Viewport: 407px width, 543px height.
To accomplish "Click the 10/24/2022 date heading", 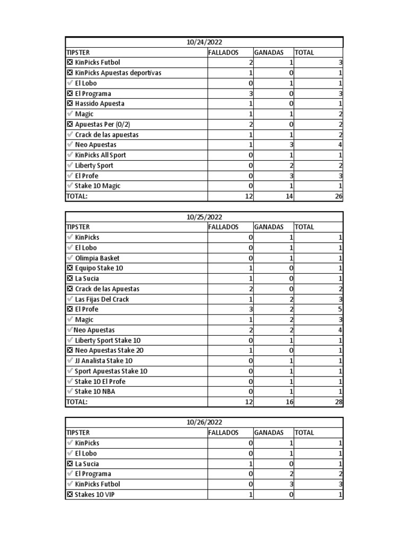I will pos(204,42).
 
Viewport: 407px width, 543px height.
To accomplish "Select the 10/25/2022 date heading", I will pos(204,217).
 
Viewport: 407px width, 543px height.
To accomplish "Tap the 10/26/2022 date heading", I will pos(204,423).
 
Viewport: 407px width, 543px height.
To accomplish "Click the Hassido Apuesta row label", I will pos(100,104).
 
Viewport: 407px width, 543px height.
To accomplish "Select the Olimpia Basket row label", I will pos(97,258).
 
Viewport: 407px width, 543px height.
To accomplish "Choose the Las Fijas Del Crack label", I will pos(102,299).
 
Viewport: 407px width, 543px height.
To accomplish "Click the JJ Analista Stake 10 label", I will pos(104,361).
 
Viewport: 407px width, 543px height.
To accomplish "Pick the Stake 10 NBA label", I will pos(96,392).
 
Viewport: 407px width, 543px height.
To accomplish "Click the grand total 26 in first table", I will pos(339,197).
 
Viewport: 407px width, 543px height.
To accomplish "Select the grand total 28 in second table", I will pos(339,402).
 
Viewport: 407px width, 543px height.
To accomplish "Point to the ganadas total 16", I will pos(289,402).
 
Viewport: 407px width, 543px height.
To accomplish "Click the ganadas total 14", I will pos(289,197).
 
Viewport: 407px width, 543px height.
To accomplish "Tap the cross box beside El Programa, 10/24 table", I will pos(70,94).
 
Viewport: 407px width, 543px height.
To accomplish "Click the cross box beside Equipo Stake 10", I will pos(70,268).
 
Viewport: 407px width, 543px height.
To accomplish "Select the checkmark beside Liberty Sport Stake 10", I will pos(70,340).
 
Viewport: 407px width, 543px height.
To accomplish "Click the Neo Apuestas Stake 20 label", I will pos(109,351).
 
